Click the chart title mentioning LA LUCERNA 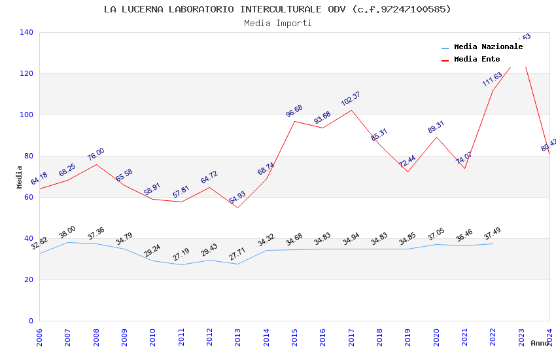coord(277,9)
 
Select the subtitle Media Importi coord(277,23)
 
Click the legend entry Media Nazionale coord(488,46)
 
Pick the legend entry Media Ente coord(477,59)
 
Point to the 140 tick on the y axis coord(27,32)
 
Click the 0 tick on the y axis coord(31,321)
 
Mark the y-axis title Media coord(20,177)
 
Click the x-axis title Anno coord(540,343)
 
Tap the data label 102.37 coord(351,99)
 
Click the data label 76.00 coord(96,154)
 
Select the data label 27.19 coord(181,255)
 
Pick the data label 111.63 coord(492,79)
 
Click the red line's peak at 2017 coord(351,110)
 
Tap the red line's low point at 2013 coord(237,207)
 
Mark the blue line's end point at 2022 coord(493,243)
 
